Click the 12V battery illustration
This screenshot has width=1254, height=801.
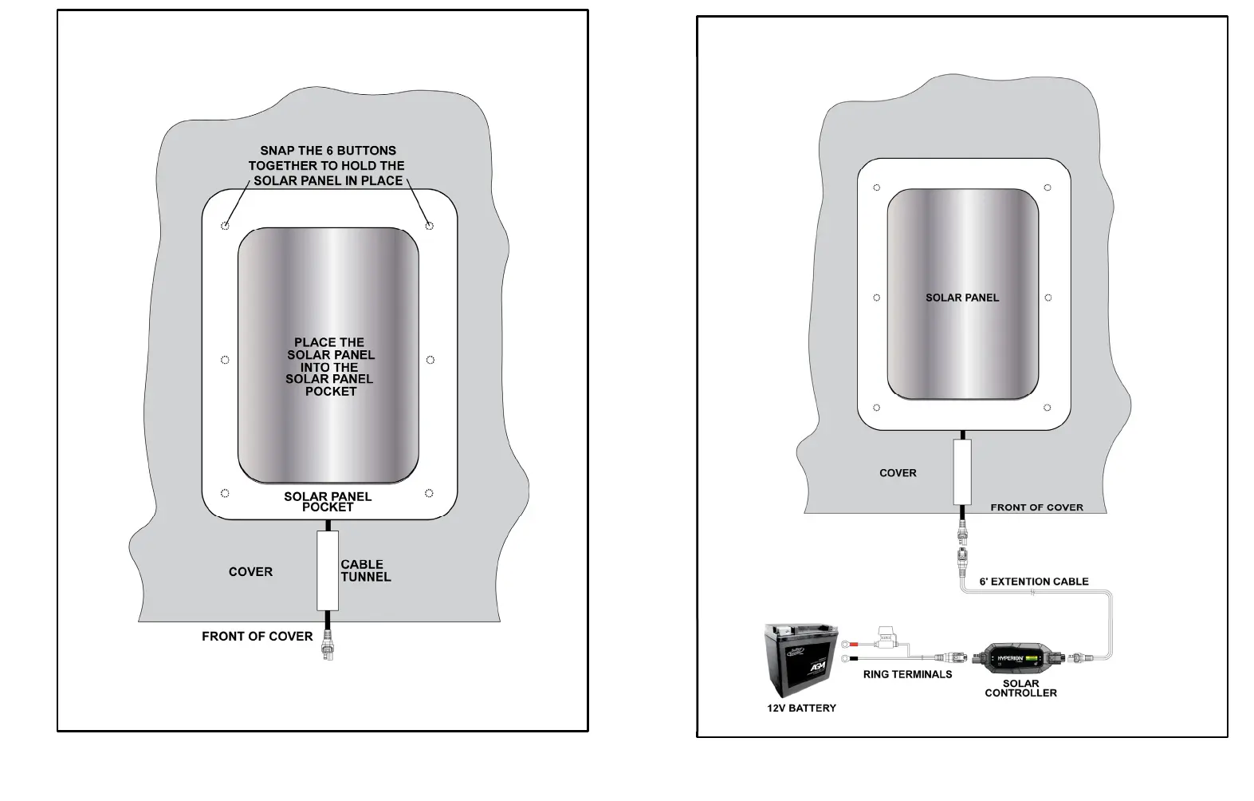pyautogui.click(x=800, y=660)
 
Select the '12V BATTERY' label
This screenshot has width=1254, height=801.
pyautogui.click(x=801, y=708)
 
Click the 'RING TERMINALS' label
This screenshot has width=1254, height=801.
pyautogui.click(x=907, y=674)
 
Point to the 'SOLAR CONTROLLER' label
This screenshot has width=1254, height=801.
pyautogui.click(x=1020, y=688)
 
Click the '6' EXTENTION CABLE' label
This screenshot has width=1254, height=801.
pyautogui.click(x=1033, y=582)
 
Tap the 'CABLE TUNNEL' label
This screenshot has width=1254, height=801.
pyautogui.click(x=365, y=570)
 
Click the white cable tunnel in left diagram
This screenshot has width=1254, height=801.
pyautogui.click(x=327, y=570)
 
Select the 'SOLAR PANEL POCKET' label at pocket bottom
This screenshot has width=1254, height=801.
pyautogui.click(x=328, y=501)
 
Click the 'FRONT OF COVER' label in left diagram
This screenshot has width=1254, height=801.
pyautogui.click(x=257, y=636)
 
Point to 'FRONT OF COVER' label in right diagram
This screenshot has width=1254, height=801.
pyautogui.click(x=1036, y=507)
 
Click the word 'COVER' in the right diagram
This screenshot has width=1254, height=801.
pyautogui.click(x=898, y=473)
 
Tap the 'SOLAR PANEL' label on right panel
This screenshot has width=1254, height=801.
pyautogui.click(x=961, y=298)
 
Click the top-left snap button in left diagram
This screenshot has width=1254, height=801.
pyautogui.click(x=225, y=226)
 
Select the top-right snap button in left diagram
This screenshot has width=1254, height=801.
pyautogui.click(x=430, y=226)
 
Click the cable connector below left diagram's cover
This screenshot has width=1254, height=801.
pyautogui.click(x=327, y=643)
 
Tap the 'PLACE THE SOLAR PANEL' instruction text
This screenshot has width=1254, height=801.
pyautogui.click(x=329, y=366)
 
